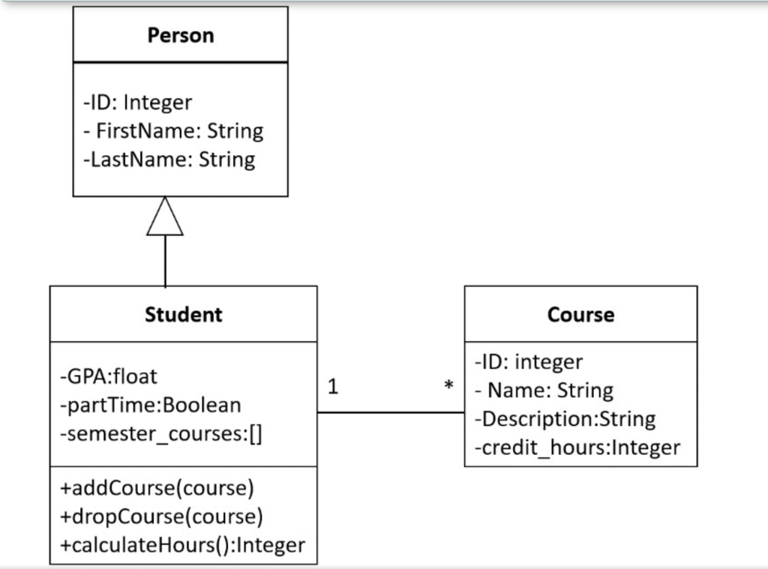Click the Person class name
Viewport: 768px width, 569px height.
[180, 35]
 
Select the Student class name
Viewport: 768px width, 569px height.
[183, 314]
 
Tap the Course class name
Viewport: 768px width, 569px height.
[580, 314]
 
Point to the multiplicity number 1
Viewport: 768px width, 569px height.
[333, 387]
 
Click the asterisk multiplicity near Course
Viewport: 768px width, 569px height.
[448, 387]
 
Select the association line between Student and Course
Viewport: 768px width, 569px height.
[390, 412]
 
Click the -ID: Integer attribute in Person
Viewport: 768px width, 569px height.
[137, 102]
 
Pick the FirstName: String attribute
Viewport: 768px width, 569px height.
[173, 130]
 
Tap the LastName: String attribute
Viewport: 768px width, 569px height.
[169, 159]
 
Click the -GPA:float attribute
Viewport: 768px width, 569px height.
[109, 376]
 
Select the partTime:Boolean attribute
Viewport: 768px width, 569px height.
[150, 405]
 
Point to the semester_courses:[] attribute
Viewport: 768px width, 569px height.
[160, 434]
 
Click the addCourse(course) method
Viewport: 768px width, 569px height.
[157, 488]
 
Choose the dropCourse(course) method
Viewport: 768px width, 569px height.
[161, 517]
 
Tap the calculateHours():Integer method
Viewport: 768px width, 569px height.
[182, 545]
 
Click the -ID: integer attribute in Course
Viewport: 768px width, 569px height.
[528, 361]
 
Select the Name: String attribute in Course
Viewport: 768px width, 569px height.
[544, 390]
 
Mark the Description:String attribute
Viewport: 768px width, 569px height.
[565, 418]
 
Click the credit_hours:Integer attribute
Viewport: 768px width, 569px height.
[577, 448]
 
